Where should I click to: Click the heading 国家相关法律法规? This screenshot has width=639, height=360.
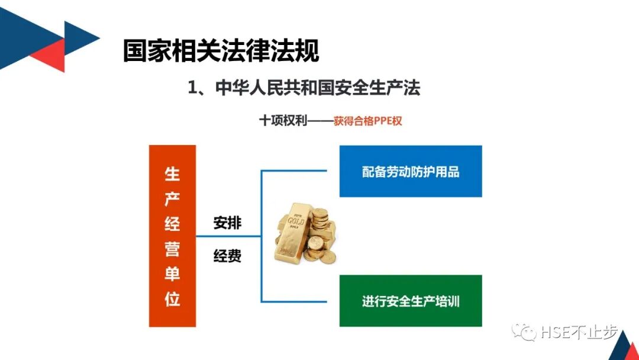[221, 51]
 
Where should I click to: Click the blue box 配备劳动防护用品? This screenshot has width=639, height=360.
[411, 172]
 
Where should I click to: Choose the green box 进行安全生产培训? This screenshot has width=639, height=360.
[411, 301]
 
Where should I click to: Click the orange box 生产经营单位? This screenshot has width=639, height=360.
[172, 236]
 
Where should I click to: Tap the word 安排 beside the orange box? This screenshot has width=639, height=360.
[227, 223]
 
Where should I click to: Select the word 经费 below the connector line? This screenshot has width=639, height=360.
[227, 257]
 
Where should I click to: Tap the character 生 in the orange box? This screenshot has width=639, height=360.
[172, 174]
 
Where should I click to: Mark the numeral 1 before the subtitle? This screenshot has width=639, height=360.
[192, 89]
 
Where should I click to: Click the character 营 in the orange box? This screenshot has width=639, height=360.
[172, 249]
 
